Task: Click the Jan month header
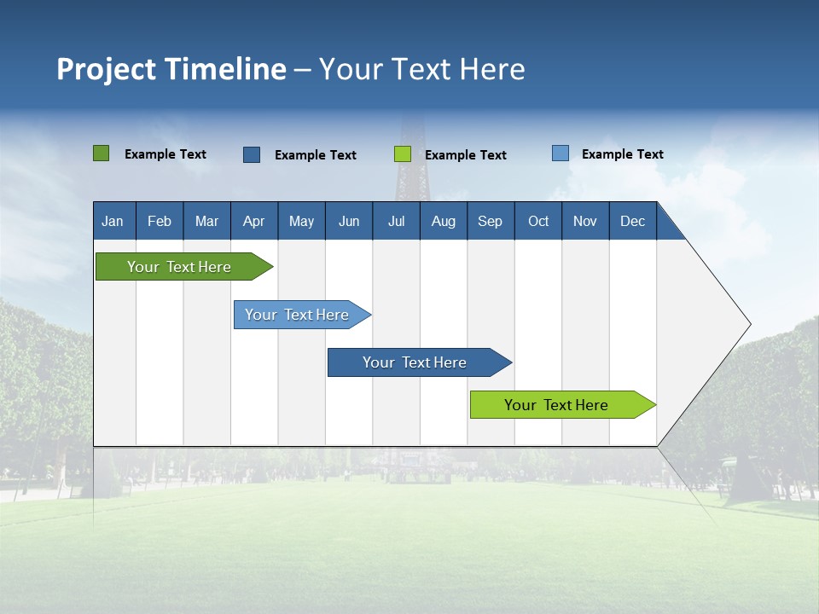[113, 221]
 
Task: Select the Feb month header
[160, 221]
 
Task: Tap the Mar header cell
[206, 221]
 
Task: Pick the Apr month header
[254, 221]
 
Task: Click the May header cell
[301, 221]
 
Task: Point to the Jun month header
[349, 221]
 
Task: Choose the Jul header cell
[396, 221]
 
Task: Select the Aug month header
[444, 221]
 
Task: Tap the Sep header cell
[491, 221]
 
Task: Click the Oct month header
[538, 221]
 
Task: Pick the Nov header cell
[585, 221]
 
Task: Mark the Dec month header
[633, 221]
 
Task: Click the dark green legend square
[101, 153]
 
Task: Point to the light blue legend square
[560, 153]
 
